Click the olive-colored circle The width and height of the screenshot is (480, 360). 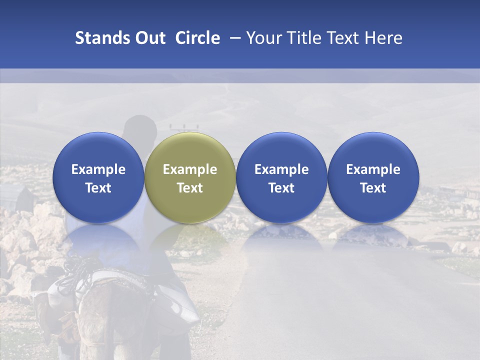coord(190,178)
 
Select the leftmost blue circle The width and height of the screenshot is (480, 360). coord(98,178)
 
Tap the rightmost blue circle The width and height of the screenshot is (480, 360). coord(373,178)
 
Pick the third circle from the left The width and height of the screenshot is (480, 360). coord(281,178)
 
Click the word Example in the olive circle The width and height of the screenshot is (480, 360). coord(190,169)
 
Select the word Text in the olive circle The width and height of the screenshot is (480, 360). coord(190,188)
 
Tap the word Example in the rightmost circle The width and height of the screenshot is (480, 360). coord(373,169)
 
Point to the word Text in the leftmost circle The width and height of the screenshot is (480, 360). coord(98,188)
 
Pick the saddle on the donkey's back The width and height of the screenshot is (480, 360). coord(120,285)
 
